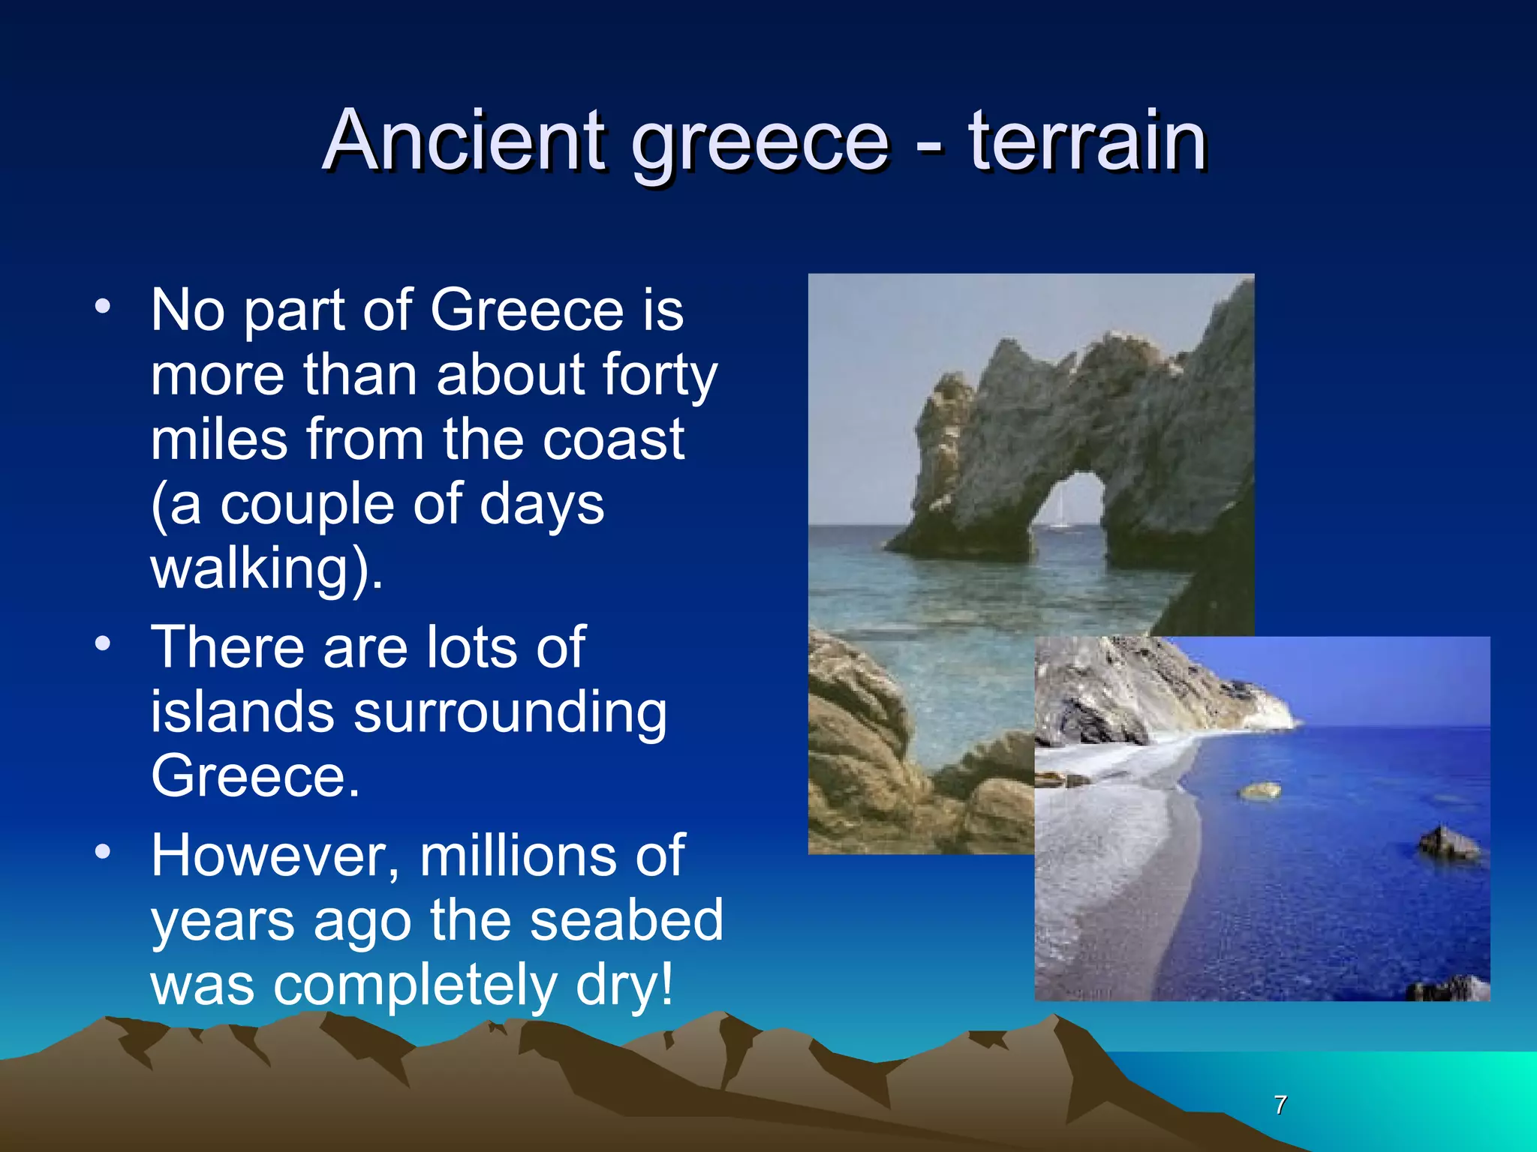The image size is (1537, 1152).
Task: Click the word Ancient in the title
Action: [466, 140]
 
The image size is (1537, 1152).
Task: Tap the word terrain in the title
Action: [1087, 140]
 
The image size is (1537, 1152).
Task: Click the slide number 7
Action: [1280, 1105]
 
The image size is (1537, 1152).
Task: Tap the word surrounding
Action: [510, 712]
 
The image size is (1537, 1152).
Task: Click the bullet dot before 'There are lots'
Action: [103, 643]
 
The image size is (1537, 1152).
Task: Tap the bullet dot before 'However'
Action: [103, 852]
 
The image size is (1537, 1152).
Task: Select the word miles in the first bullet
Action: [218, 439]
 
